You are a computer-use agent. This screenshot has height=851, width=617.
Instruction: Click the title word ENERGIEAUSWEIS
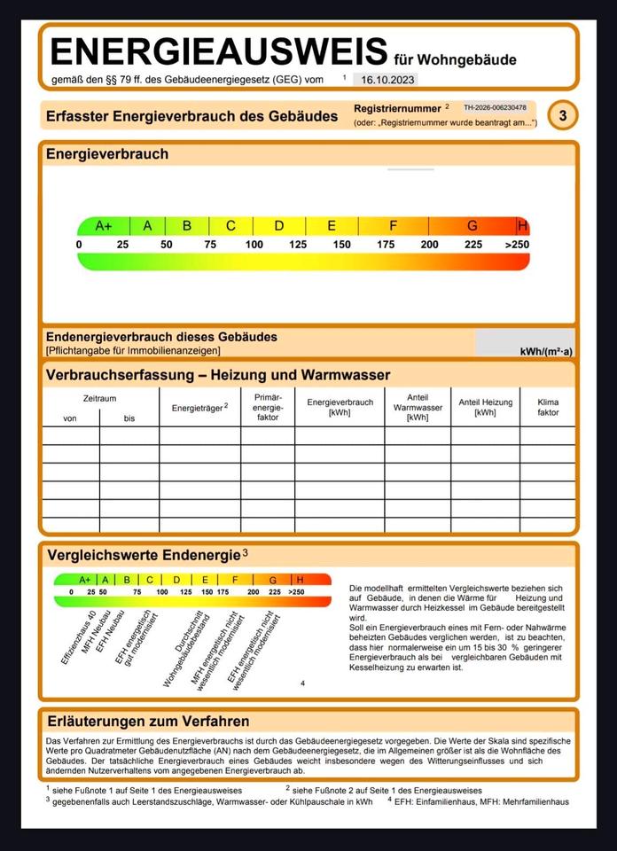click(219, 53)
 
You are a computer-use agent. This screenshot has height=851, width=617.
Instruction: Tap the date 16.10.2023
click(388, 80)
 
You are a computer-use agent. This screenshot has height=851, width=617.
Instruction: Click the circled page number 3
click(562, 115)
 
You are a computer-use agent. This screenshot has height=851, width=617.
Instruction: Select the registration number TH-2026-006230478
click(495, 107)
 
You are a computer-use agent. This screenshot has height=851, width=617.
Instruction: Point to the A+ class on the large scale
click(104, 226)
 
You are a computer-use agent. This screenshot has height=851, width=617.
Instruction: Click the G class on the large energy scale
click(472, 226)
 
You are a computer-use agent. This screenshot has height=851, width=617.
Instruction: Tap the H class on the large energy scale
click(522, 226)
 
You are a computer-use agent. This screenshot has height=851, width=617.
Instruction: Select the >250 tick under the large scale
click(517, 245)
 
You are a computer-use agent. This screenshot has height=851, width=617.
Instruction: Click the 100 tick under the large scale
click(254, 245)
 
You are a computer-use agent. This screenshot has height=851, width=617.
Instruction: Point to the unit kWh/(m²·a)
click(546, 352)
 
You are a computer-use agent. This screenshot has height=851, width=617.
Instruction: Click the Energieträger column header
click(199, 407)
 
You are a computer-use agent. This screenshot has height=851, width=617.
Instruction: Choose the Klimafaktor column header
click(548, 407)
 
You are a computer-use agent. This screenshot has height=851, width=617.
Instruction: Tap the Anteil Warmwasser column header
click(418, 407)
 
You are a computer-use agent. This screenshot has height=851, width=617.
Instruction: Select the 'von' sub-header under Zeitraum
click(70, 418)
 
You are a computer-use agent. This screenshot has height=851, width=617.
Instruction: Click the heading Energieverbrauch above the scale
click(107, 154)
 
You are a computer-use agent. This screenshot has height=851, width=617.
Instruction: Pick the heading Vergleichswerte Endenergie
click(144, 555)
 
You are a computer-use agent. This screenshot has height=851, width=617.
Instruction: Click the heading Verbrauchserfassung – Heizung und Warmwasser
click(218, 375)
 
